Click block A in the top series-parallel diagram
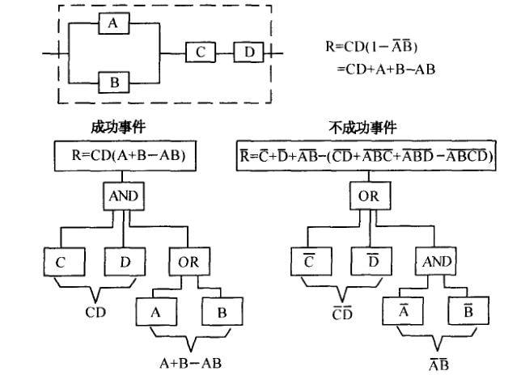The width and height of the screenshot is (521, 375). coord(112,25)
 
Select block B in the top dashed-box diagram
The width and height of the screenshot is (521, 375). coord(112,82)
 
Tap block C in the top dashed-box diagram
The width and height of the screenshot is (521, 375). coord(200,53)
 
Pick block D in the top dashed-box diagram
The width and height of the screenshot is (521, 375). coord(249,53)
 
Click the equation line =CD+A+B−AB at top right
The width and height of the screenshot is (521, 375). coord(387,70)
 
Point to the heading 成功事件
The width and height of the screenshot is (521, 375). coord(118,128)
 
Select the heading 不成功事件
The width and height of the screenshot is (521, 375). coord(363,128)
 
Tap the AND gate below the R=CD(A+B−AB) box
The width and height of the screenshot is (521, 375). coord(121,195)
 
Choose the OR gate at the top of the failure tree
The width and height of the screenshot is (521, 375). coord(368,195)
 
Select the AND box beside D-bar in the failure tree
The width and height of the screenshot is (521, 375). coord(437,262)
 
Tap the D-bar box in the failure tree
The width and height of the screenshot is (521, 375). coord(373,262)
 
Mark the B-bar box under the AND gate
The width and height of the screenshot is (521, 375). coord(468,310)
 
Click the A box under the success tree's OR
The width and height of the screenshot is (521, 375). coord(156,310)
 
